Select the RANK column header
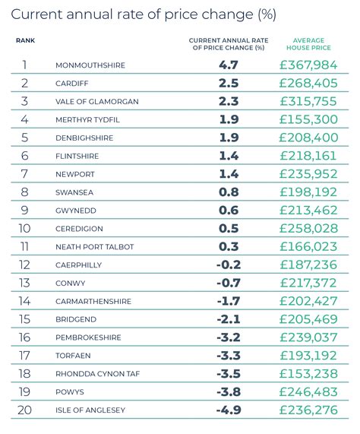tap(24, 40)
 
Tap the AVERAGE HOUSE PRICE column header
tap(309, 43)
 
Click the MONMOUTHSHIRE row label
tap(90, 65)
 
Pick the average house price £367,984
tap(308, 65)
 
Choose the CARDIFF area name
tap(73, 84)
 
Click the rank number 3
tap(24, 101)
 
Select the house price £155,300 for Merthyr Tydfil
tap(308, 119)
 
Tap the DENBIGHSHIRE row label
tap(85, 138)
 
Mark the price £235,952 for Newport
tap(308, 174)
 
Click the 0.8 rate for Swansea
tap(229, 192)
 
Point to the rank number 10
tap(24, 228)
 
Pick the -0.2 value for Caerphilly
tap(228, 265)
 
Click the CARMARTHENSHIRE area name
tap(93, 301)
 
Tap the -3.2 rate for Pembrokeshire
tap(228, 337)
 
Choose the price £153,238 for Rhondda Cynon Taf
tap(308, 374)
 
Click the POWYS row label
tap(68, 392)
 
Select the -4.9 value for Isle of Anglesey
tap(228, 410)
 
